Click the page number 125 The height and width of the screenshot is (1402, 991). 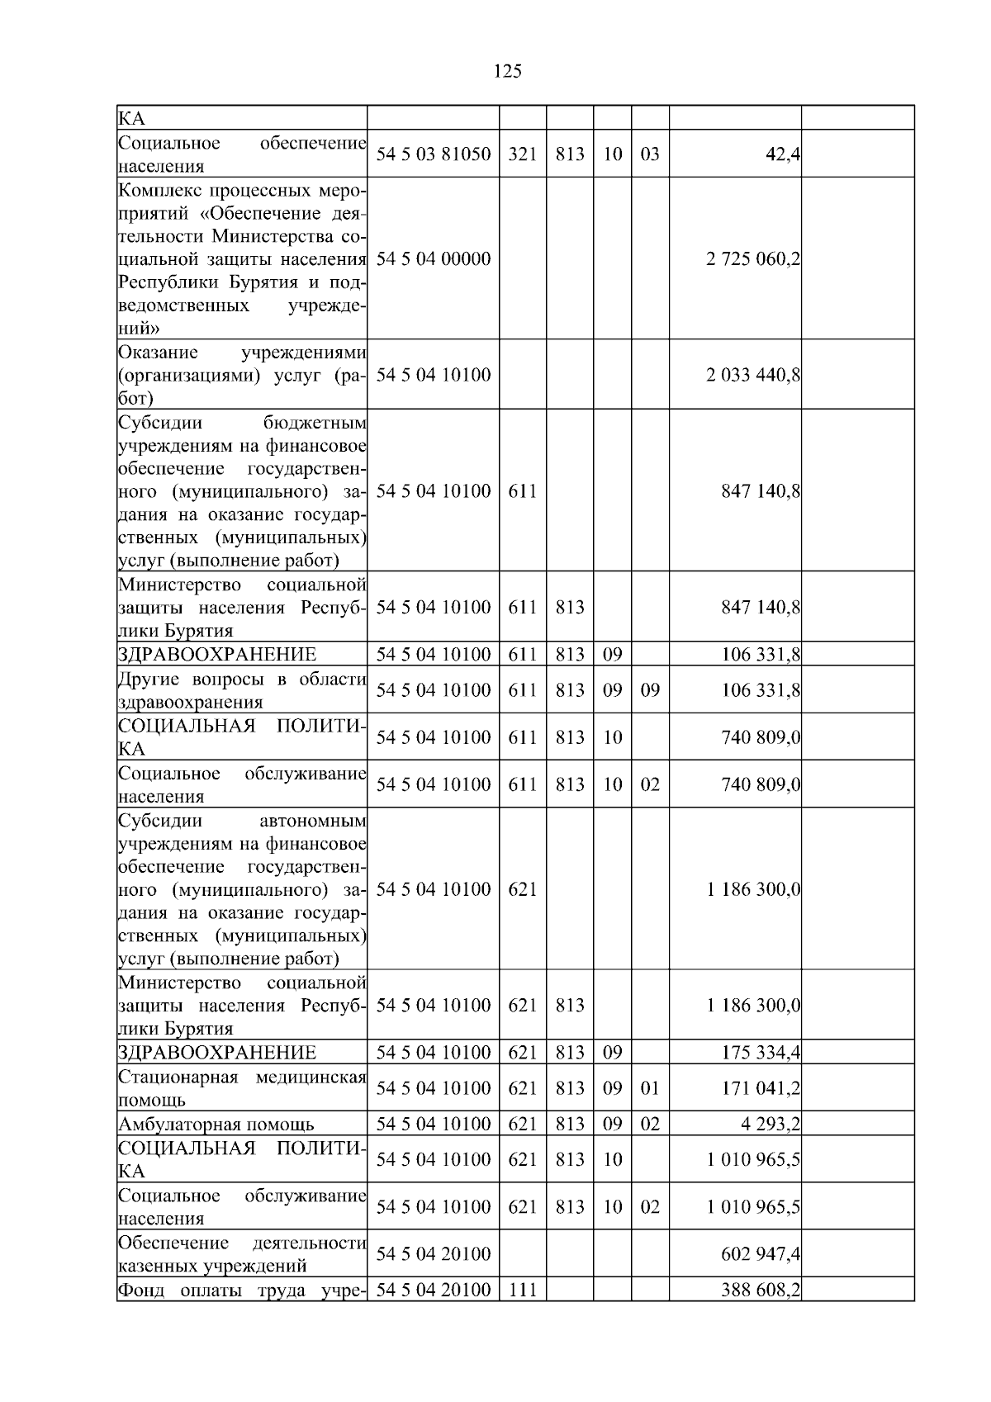(507, 72)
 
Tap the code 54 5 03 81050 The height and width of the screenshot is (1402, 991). (434, 154)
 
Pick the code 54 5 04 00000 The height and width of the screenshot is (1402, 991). (434, 259)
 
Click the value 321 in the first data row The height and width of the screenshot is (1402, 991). (522, 154)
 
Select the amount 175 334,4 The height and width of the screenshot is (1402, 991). (761, 1053)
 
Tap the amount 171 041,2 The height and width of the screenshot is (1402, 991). (761, 1088)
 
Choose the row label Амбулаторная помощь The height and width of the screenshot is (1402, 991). (216, 1125)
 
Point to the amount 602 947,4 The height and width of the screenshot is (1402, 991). (761, 1254)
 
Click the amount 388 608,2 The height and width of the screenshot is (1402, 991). (761, 1290)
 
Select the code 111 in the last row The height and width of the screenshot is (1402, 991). (522, 1290)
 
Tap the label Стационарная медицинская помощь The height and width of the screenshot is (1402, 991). (242, 1088)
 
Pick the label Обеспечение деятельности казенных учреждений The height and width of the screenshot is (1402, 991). (242, 1254)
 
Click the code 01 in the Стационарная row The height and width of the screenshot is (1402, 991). (650, 1088)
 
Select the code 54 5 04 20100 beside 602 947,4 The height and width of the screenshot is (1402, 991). (434, 1254)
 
